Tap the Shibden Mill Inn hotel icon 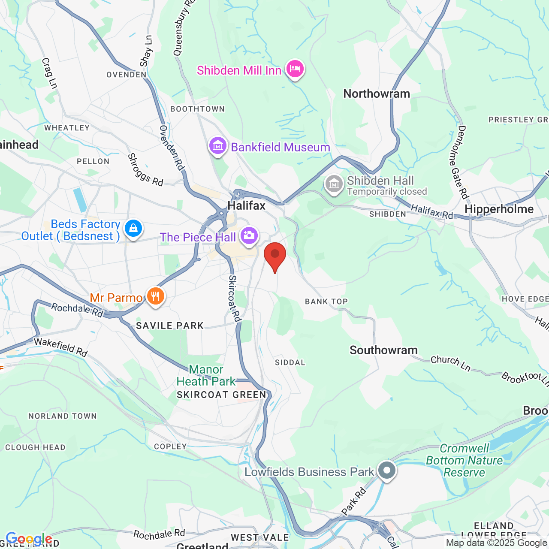pyautogui.click(x=295, y=69)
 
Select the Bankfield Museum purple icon pyautogui.click(x=218, y=146)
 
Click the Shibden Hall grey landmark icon pyautogui.click(x=334, y=184)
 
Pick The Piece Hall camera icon pyautogui.click(x=249, y=235)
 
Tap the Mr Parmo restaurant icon pyautogui.click(x=155, y=296)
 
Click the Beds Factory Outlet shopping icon pyautogui.click(x=133, y=228)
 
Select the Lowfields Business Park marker pyautogui.click(x=386, y=470)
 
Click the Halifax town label pyautogui.click(x=247, y=206)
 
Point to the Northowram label pyautogui.click(x=377, y=94)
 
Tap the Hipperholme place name pyautogui.click(x=499, y=209)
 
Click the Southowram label pyautogui.click(x=383, y=350)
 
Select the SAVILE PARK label pyautogui.click(x=170, y=326)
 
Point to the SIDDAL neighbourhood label pyautogui.click(x=290, y=363)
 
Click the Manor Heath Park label pyautogui.click(x=206, y=375)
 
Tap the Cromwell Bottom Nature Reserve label pyautogui.click(x=465, y=461)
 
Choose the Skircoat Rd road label pyautogui.click(x=234, y=298)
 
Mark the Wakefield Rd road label pyautogui.click(x=61, y=347)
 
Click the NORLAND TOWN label pyautogui.click(x=63, y=416)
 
